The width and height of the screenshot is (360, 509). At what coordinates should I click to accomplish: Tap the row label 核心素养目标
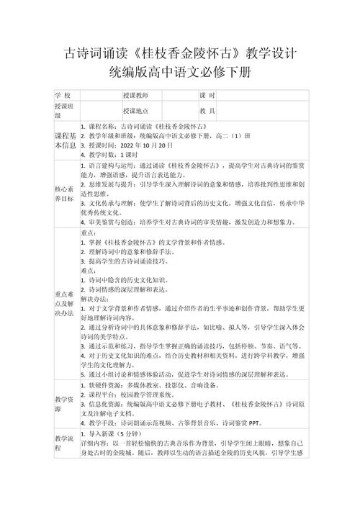pos(65,194)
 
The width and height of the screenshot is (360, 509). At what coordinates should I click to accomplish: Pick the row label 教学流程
pos(65,442)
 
